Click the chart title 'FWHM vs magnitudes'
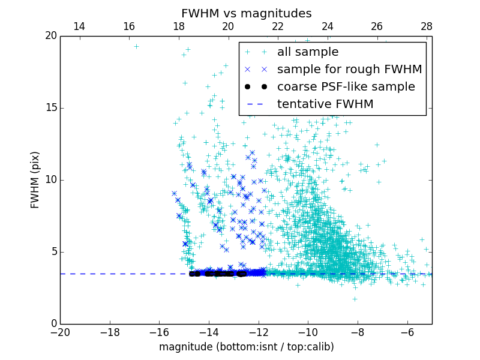point(246,13)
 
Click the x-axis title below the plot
point(246,347)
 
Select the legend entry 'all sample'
point(308,52)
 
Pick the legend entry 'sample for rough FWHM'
point(349,70)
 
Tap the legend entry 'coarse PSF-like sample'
point(346,87)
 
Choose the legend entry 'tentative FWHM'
point(325,104)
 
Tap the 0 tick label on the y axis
point(53,324)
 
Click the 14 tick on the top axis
point(79,27)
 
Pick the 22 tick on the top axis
point(278,27)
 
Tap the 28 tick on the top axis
point(427,27)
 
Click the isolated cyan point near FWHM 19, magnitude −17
point(136,46)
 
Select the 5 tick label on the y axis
point(53,252)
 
